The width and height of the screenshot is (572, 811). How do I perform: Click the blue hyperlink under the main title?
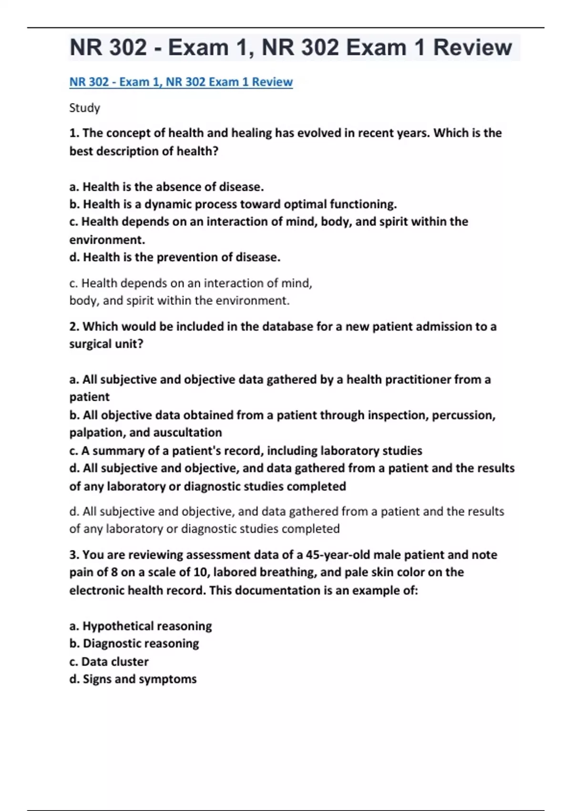pyautogui.click(x=181, y=82)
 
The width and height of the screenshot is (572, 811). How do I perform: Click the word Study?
pyautogui.click(x=84, y=108)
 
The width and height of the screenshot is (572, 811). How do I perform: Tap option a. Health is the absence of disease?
pyautogui.click(x=166, y=187)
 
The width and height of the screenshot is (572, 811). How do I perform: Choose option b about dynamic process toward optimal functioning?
pyautogui.click(x=233, y=204)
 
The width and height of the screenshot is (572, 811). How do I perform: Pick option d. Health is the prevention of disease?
pyautogui.click(x=174, y=257)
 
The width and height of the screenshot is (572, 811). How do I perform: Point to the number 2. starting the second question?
pyautogui.click(x=74, y=326)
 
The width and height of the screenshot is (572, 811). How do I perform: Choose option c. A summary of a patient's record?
pyautogui.click(x=245, y=450)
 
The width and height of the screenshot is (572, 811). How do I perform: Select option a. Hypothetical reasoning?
pyautogui.click(x=140, y=626)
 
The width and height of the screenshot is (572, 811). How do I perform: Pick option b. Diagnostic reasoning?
pyautogui.click(x=134, y=644)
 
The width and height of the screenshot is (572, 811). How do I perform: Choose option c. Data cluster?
pyautogui.click(x=109, y=662)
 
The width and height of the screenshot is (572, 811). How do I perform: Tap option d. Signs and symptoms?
pyautogui.click(x=133, y=679)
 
